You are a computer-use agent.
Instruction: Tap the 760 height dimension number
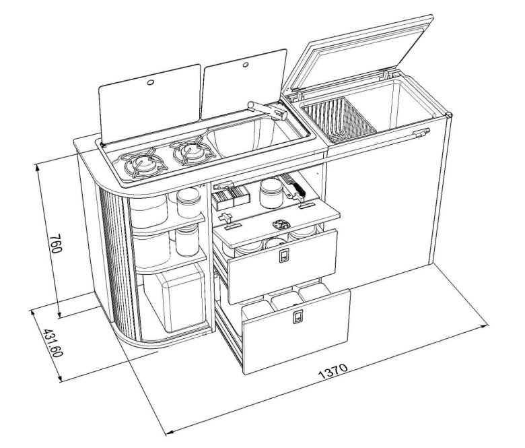[56, 244]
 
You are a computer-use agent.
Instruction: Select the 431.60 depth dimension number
[53, 343]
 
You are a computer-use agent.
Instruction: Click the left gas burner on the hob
[144, 163]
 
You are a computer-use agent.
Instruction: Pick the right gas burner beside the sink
[193, 153]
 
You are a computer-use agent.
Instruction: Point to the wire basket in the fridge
[338, 119]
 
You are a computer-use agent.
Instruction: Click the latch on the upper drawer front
[283, 256]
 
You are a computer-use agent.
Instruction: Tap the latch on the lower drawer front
[297, 317]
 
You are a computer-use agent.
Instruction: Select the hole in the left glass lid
[150, 82]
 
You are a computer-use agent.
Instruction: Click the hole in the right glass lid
[246, 64]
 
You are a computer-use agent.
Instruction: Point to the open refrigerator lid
[358, 54]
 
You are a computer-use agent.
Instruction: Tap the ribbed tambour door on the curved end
[114, 265]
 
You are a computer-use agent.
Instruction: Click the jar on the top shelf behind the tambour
[188, 203]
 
